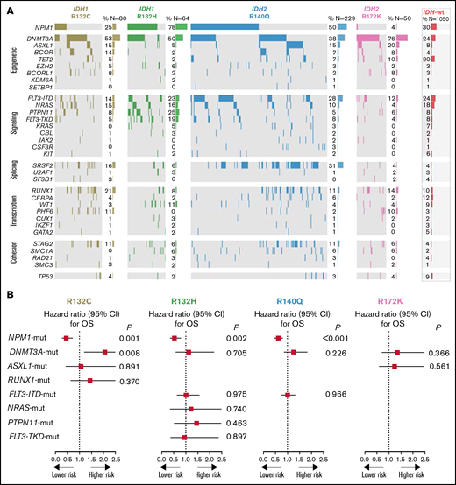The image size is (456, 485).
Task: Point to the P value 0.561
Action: pos(434,367)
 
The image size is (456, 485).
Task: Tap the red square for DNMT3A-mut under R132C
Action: pos(104,352)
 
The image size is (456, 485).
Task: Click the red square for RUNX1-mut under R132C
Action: pos(89,381)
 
